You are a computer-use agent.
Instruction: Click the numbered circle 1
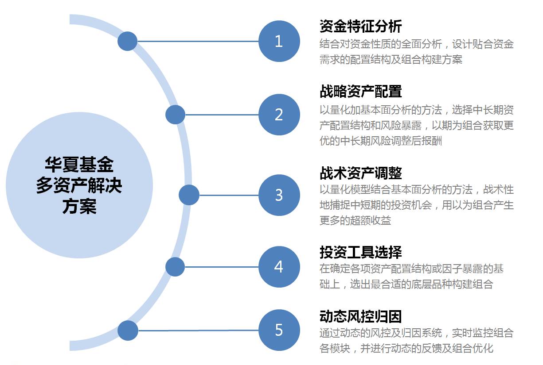[x=279, y=41]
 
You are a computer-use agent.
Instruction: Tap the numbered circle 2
[x=279, y=115]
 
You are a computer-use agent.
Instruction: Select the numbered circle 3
[x=279, y=195]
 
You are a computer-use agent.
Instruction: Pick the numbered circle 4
[x=279, y=267]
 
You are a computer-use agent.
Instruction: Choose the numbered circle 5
[x=279, y=330]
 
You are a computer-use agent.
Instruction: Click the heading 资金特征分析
[x=360, y=26]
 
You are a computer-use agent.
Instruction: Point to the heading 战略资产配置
[x=360, y=91]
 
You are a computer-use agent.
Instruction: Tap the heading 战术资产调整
[x=360, y=172]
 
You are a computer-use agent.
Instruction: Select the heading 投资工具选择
[x=360, y=252]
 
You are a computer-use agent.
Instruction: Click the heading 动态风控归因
[x=360, y=316]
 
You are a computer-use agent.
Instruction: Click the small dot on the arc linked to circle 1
[x=127, y=41]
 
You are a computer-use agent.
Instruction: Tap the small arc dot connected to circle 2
[x=175, y=115]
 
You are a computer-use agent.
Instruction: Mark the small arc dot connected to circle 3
[x=189, y=195]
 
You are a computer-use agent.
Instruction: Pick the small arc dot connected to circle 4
[x=175, y=267]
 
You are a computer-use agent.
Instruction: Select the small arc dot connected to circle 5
[x=128, y=330]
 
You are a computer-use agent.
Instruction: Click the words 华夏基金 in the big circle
[x=79, y=165]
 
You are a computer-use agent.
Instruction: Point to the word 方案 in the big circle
[x=79, y=207]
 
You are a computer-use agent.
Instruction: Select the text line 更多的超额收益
[x=355, y=220]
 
